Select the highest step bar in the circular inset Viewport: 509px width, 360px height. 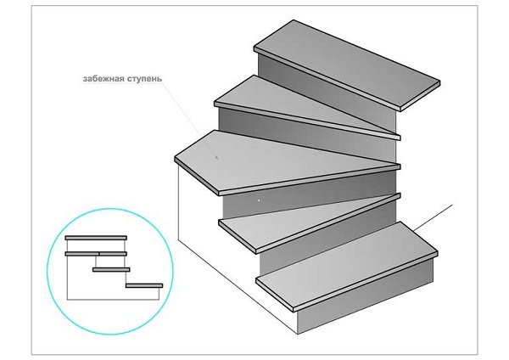pos(96,239)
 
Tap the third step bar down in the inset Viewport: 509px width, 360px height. pos(111,270)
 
